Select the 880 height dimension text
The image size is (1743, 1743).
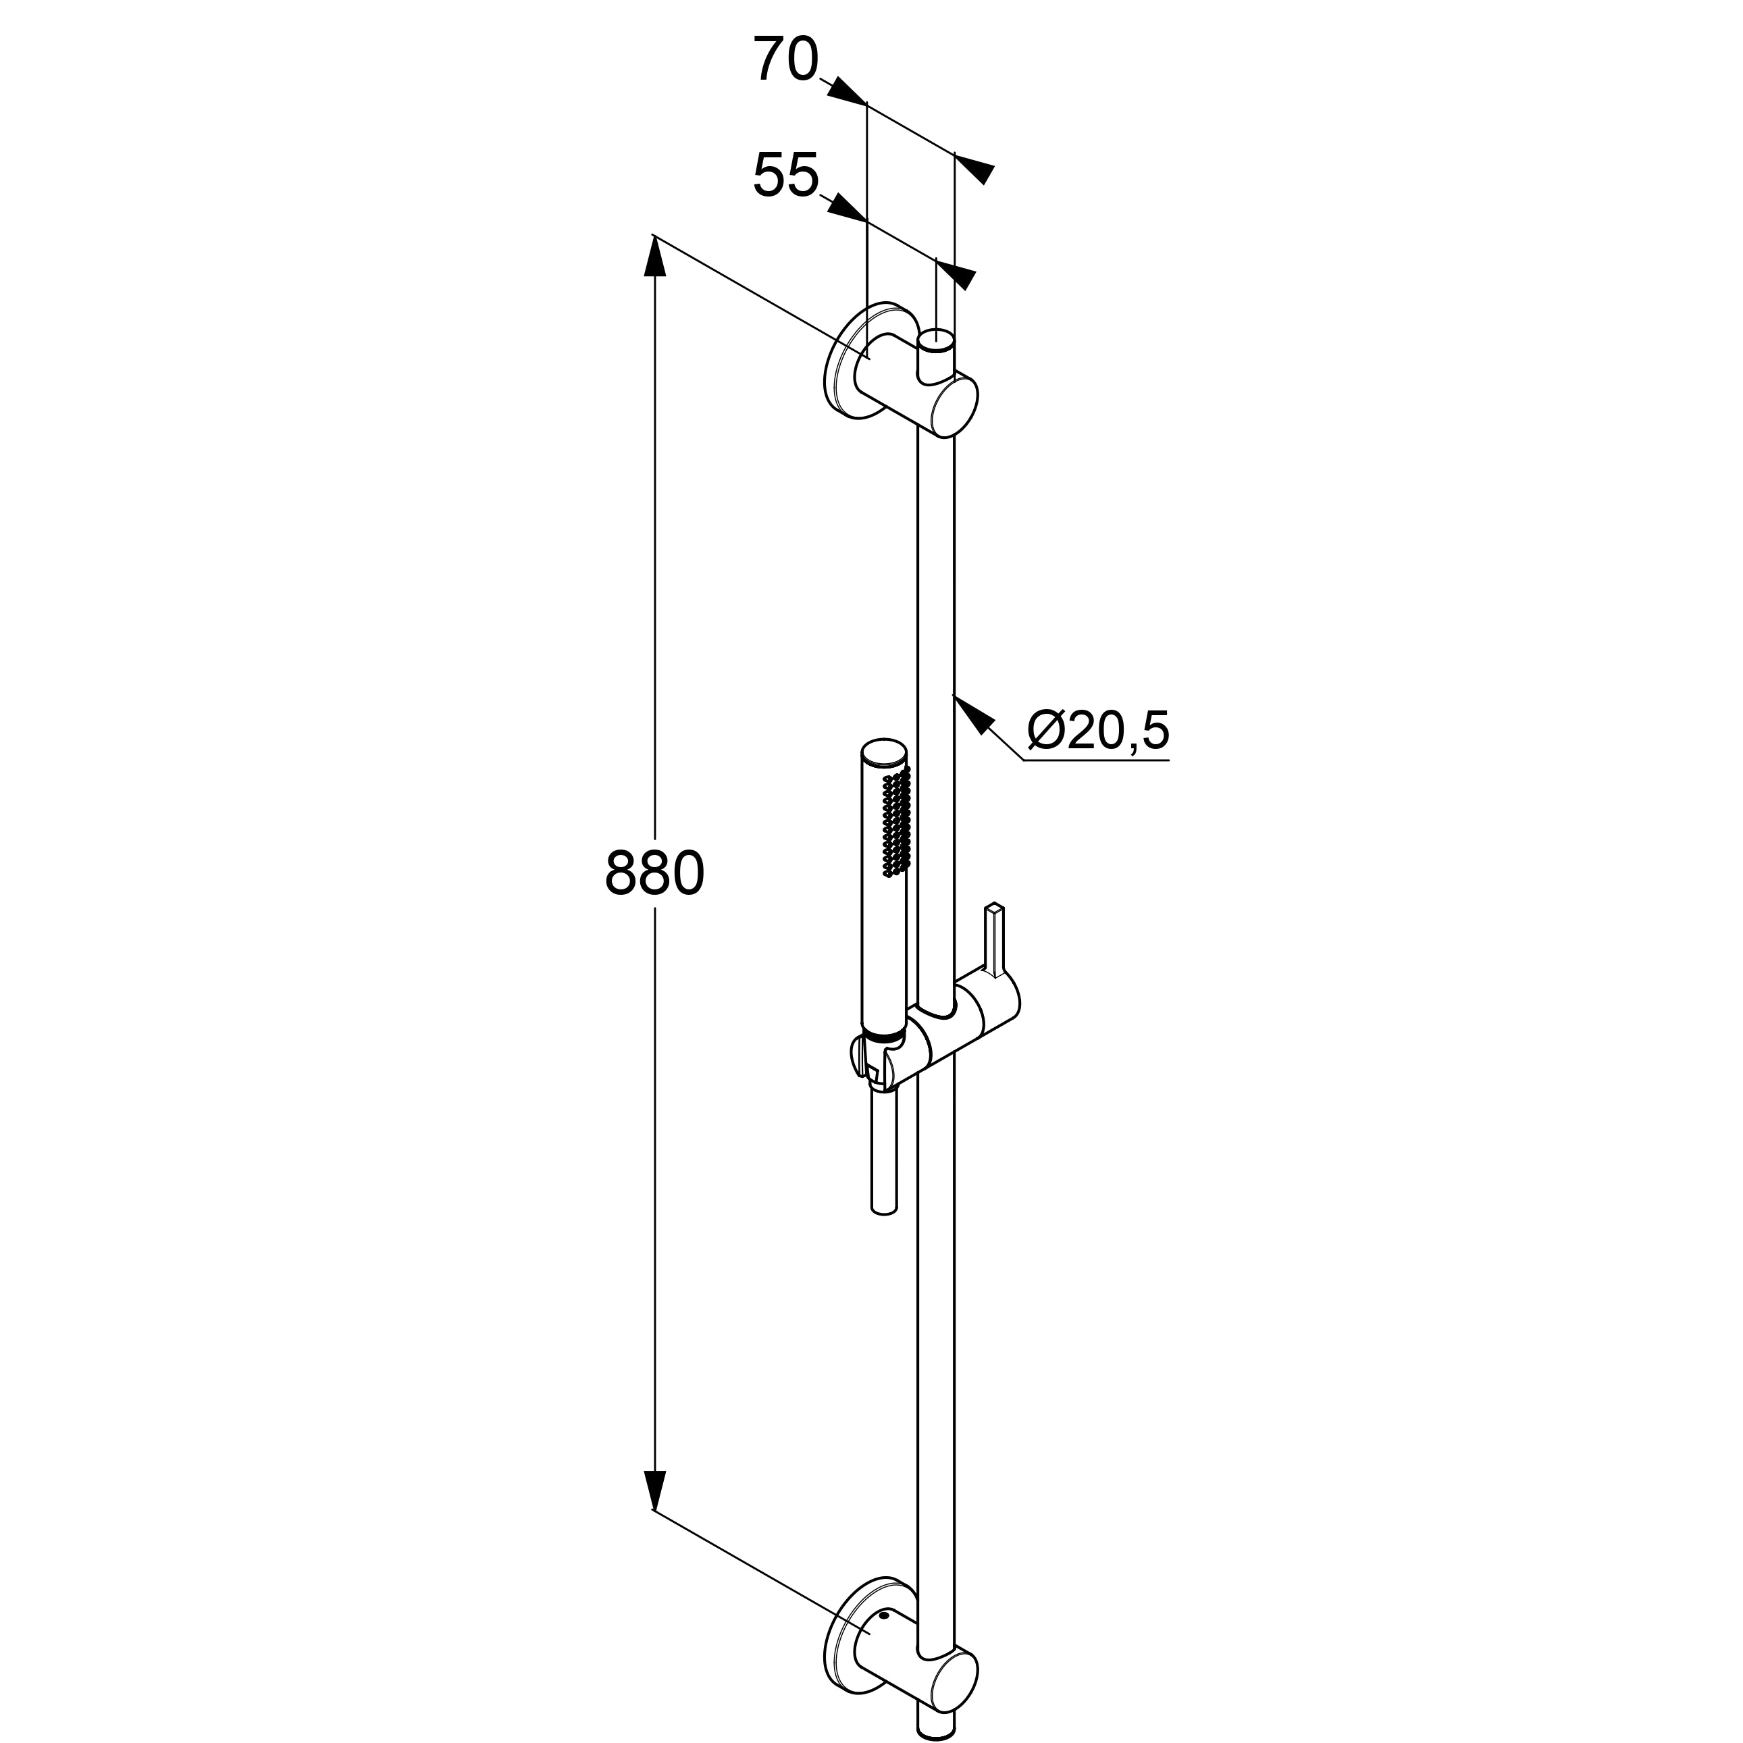pyautogui.click(x=654, y=873)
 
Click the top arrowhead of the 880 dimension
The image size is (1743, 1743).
pyautogui.click(x=654, y=257)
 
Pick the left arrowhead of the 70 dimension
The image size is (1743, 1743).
pyautogui.click(x=846, y=90)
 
